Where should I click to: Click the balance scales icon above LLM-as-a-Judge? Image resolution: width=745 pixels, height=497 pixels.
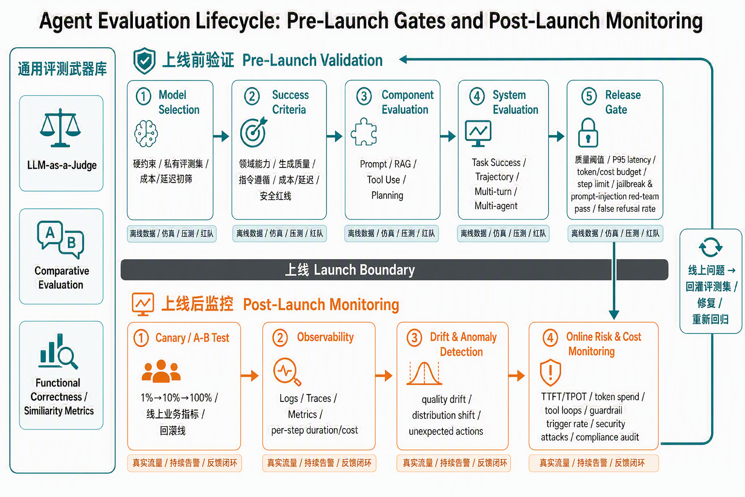60,128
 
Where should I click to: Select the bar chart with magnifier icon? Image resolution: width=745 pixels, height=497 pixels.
58,351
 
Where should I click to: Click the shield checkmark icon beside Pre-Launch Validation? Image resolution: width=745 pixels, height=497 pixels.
145,61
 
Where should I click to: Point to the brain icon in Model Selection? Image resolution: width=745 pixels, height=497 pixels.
146,133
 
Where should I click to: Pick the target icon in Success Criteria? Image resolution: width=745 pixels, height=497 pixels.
254,132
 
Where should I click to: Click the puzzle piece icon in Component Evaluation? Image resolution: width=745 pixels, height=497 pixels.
364,132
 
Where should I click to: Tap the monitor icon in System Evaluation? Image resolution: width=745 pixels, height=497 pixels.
478,133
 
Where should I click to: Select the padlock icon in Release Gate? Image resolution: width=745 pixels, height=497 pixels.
588,133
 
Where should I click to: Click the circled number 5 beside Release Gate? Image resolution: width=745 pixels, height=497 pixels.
589,96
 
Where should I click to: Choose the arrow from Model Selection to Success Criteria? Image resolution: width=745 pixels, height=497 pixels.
221,136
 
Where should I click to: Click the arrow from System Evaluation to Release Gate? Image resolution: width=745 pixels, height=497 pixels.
556,136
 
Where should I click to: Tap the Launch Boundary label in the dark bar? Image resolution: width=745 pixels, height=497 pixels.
350,270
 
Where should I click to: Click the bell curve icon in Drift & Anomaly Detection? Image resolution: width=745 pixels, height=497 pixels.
424,373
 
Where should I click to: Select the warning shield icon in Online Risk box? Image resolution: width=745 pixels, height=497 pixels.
551,372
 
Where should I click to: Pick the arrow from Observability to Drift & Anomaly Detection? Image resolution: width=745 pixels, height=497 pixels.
384,376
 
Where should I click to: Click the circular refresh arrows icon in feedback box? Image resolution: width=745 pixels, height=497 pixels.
711,248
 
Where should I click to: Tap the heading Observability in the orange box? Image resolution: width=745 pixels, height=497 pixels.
325,337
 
